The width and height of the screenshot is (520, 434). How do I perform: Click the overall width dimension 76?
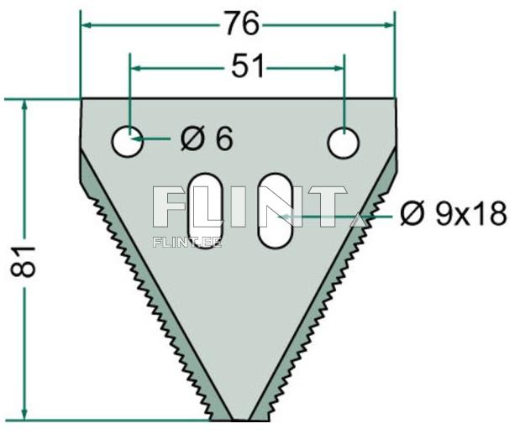[x=240, y=25]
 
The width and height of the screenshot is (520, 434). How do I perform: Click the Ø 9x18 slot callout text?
[x=453, y=215]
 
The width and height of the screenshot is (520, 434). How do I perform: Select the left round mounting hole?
[x=128, y=140]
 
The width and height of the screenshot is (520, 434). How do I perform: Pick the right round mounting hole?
[x=343, y=143]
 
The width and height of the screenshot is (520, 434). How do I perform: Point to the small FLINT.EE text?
[x=187, y=242]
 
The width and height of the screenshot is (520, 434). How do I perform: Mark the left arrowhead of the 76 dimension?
[x=86, y=25]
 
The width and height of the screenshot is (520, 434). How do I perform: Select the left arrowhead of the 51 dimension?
[x=134, y=68]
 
